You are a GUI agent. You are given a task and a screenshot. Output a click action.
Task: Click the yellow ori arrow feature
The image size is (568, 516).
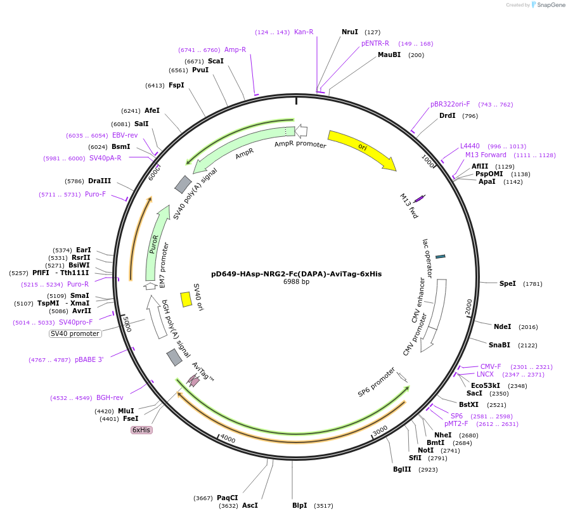click(x=362, y=149)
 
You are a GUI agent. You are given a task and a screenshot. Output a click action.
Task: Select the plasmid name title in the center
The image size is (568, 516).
click(x=297, y=274)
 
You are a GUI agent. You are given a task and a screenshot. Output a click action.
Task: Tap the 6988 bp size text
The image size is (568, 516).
click(x=297, y=282)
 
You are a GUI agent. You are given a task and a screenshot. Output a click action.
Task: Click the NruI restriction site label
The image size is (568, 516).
click(x=349, y=32)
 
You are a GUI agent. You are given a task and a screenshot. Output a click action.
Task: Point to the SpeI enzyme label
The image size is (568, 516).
click(x=508, y=284)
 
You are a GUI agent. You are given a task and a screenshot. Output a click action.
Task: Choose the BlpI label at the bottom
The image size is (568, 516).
click(x=300, y=506)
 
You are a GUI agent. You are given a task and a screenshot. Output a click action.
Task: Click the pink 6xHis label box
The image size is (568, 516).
click(x=141, y=430)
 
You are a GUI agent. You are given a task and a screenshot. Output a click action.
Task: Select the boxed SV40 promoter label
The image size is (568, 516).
click(x=75, y=333)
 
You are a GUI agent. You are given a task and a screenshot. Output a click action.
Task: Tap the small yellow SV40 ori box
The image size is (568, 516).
click(x=186, y=299)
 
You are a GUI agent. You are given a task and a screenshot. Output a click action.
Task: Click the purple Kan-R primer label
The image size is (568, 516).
click(x=304, y=32)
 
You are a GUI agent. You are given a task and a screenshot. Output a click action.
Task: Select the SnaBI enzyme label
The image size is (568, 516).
click(x=499, y=345)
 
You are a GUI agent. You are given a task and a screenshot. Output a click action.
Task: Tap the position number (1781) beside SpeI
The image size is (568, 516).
click(x=532, y=284)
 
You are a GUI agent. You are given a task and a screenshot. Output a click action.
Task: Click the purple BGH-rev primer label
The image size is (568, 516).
click(x=110, y=398)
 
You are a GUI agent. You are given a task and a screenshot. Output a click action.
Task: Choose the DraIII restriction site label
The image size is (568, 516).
click(x=100, y=181)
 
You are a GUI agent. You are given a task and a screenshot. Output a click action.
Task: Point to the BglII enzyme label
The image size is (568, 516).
click(x=402, y=470)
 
